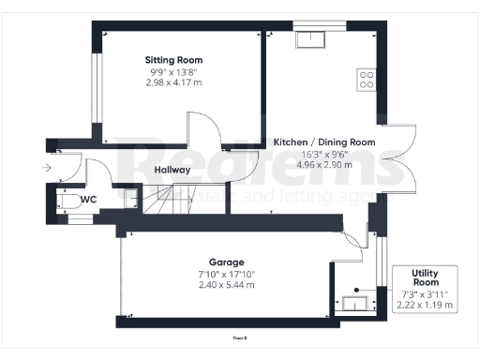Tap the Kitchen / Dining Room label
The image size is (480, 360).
pos(324,142)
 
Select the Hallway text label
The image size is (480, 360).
pos(172,170)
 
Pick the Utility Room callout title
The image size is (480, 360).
pos(426,277)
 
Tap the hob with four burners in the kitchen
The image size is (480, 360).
pos(366,79)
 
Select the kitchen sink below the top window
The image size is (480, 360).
pos(307,39)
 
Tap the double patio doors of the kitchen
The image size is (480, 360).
pos(403,158)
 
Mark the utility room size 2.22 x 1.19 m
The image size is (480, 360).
pos(426,305)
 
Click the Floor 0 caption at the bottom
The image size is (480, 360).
pos(240,337)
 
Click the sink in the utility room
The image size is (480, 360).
pos(354,302)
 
